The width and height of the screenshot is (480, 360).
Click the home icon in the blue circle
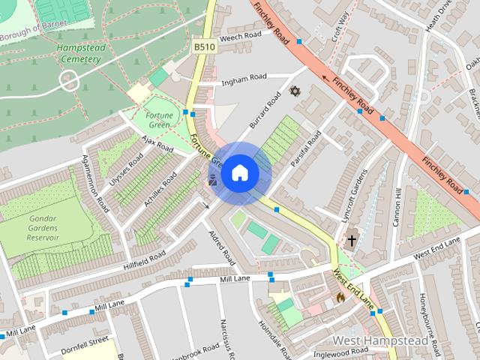pos(239,173)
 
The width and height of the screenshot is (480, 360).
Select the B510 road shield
pos(204,46)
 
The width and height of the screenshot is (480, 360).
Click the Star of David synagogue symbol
pos(295,91)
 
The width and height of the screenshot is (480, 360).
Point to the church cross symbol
pos(351,241)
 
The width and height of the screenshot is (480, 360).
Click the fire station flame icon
pos(340,297)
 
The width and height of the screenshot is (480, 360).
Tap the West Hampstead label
pos(381,340)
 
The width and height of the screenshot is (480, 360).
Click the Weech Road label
pos(241,34)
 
